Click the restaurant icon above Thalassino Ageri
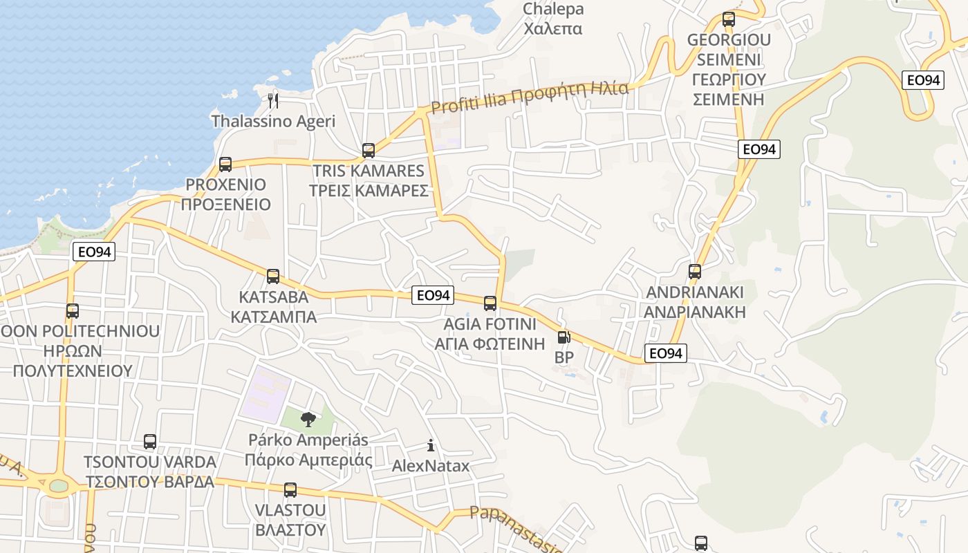273,101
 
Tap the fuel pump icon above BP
564,337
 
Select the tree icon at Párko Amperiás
308,419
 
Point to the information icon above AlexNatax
431,445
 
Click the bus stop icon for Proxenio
225,165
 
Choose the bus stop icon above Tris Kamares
369,150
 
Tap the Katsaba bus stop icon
273,276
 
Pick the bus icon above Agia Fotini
490,303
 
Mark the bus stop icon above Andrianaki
695,272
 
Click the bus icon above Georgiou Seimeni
729,19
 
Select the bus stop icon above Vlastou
290,490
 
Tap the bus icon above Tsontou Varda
150,442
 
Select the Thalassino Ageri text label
273,122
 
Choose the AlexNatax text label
431,466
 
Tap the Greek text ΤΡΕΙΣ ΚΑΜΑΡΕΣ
369,191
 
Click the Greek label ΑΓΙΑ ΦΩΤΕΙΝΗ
490,344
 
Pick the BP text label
564,358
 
